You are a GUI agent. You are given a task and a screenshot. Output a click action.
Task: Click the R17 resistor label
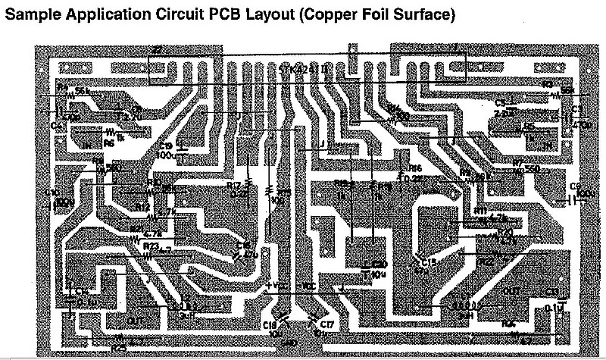233,184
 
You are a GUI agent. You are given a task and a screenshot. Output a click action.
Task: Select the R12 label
142,205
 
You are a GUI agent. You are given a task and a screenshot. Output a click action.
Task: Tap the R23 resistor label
151,245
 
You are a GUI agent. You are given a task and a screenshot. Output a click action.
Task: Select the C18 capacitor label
270,325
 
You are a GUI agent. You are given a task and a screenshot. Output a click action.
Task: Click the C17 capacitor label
327,325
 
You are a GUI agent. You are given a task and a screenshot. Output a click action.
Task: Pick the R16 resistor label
414,168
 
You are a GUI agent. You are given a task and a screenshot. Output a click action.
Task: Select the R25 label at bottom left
119,348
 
